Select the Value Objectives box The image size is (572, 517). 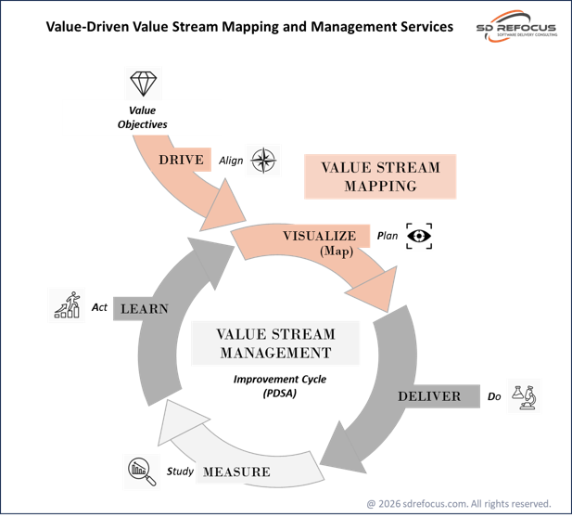(x=142, y=117)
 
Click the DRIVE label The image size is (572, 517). (x=182, y=160)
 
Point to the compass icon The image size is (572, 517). (x=262, y=160)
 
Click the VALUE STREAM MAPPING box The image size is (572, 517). (x=380, y=176)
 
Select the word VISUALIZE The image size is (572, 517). (x=319, y=236)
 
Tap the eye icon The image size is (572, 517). (x=420, y=237)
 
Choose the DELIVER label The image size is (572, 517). (x=429, y=396)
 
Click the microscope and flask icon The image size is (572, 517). (x=524, y=396)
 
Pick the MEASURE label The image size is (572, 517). (x=236, y=472)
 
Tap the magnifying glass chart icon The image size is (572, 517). (x=141, y=472)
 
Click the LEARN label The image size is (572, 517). (x=145, y=308)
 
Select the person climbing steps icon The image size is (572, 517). (x=67, y=305)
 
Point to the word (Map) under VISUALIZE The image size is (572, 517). (x=336, y=251)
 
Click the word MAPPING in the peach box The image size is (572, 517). (x=380, y=186)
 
